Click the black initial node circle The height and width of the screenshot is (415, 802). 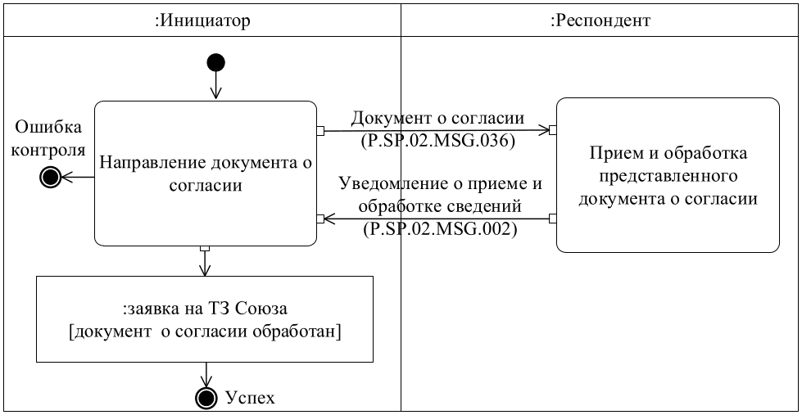click(216, 62)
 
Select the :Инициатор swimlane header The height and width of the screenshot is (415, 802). click(202, 21)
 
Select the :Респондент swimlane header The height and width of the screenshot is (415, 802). click(600, 21)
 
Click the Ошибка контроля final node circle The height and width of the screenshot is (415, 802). click(51, 177)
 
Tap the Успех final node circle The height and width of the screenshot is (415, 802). click(206, 398)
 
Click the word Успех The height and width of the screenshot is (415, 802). click(250, 399)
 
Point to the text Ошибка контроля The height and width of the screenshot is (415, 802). click(49, 138)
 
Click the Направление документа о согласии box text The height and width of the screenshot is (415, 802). click(206, 174)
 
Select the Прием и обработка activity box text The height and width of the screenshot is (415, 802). click(668, 175)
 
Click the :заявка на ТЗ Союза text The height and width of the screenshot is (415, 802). click(205, 309)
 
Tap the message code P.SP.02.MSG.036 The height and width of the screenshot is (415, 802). click(437, 141)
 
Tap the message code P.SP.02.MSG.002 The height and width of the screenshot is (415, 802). click(440, 230)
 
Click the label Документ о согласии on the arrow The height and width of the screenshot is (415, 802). click(437, 118)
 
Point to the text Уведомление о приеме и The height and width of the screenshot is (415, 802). click(441, 183)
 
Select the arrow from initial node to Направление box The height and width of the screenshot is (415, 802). click(216, 85)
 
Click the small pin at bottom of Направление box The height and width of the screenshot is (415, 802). click(206, 248)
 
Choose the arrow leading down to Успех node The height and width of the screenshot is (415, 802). click(206, 375)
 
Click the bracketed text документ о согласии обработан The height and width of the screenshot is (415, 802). click(205, 332)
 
